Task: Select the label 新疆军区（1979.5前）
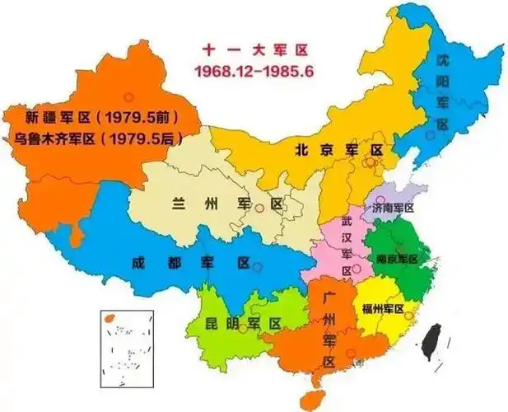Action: (100, 116)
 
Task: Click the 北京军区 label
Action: (339, 150)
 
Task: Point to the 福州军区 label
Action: (383, 308)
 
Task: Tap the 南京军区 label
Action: (397, 259)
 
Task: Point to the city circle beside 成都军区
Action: (258, 267)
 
